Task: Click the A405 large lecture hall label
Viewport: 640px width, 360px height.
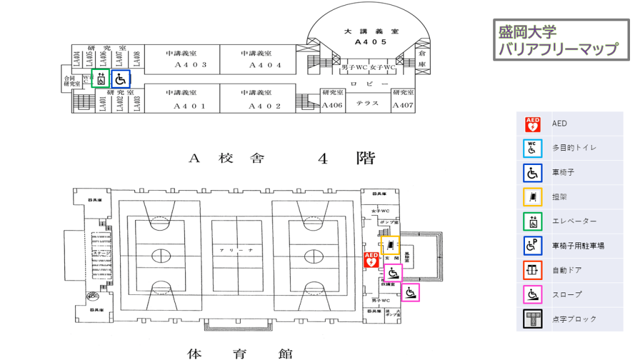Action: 371,42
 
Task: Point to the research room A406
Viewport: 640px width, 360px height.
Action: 332,105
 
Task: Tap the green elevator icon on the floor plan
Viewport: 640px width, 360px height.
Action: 100,79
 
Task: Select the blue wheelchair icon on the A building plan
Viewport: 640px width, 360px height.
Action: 121,79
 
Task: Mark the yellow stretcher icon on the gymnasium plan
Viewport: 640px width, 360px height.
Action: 390,245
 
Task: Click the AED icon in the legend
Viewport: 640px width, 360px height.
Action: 532,124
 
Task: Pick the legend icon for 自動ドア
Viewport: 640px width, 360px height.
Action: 532,270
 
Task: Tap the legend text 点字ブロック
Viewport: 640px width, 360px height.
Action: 574,319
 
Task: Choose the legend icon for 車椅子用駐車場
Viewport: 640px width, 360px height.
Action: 532,246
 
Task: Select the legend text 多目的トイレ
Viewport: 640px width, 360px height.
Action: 574,148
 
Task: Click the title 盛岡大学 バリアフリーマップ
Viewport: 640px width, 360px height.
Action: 561,40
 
